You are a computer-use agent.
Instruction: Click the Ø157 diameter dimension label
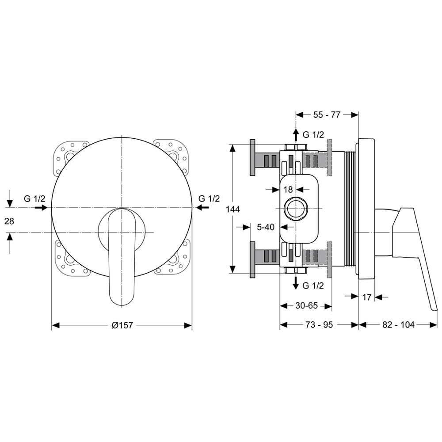click(x=122, y=325)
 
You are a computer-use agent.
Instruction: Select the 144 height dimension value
click(x=233, y=209)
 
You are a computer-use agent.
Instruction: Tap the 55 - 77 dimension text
click(x=327, y=115)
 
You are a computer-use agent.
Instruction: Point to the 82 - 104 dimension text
click(x=398, y=325)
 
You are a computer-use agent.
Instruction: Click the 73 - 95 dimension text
click(x=319, y=325)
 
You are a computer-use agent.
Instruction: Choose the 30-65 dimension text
click(x=306, y=305)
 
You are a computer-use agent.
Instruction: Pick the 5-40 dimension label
click(x=266, y=227)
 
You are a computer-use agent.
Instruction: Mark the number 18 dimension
click(x=288, y=190)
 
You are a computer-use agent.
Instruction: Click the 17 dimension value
click(x=366, y=297)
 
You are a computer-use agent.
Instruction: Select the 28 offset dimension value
click(x=9, y=221)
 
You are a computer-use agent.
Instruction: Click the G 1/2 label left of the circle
click(x=34, y=199)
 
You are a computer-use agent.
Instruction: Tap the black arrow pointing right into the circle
click(x=41, y=208)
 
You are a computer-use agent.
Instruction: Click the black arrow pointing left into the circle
click(x=203, y=208)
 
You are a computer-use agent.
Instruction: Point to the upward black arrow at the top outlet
click(x=296, y=135)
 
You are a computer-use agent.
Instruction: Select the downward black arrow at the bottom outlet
click(x=296, y=283)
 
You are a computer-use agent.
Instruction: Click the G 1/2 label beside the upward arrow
click(x=313, y=135)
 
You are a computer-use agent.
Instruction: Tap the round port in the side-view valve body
click(x=296, y=208)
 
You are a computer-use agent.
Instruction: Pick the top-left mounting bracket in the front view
click(x=68, y=156)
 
